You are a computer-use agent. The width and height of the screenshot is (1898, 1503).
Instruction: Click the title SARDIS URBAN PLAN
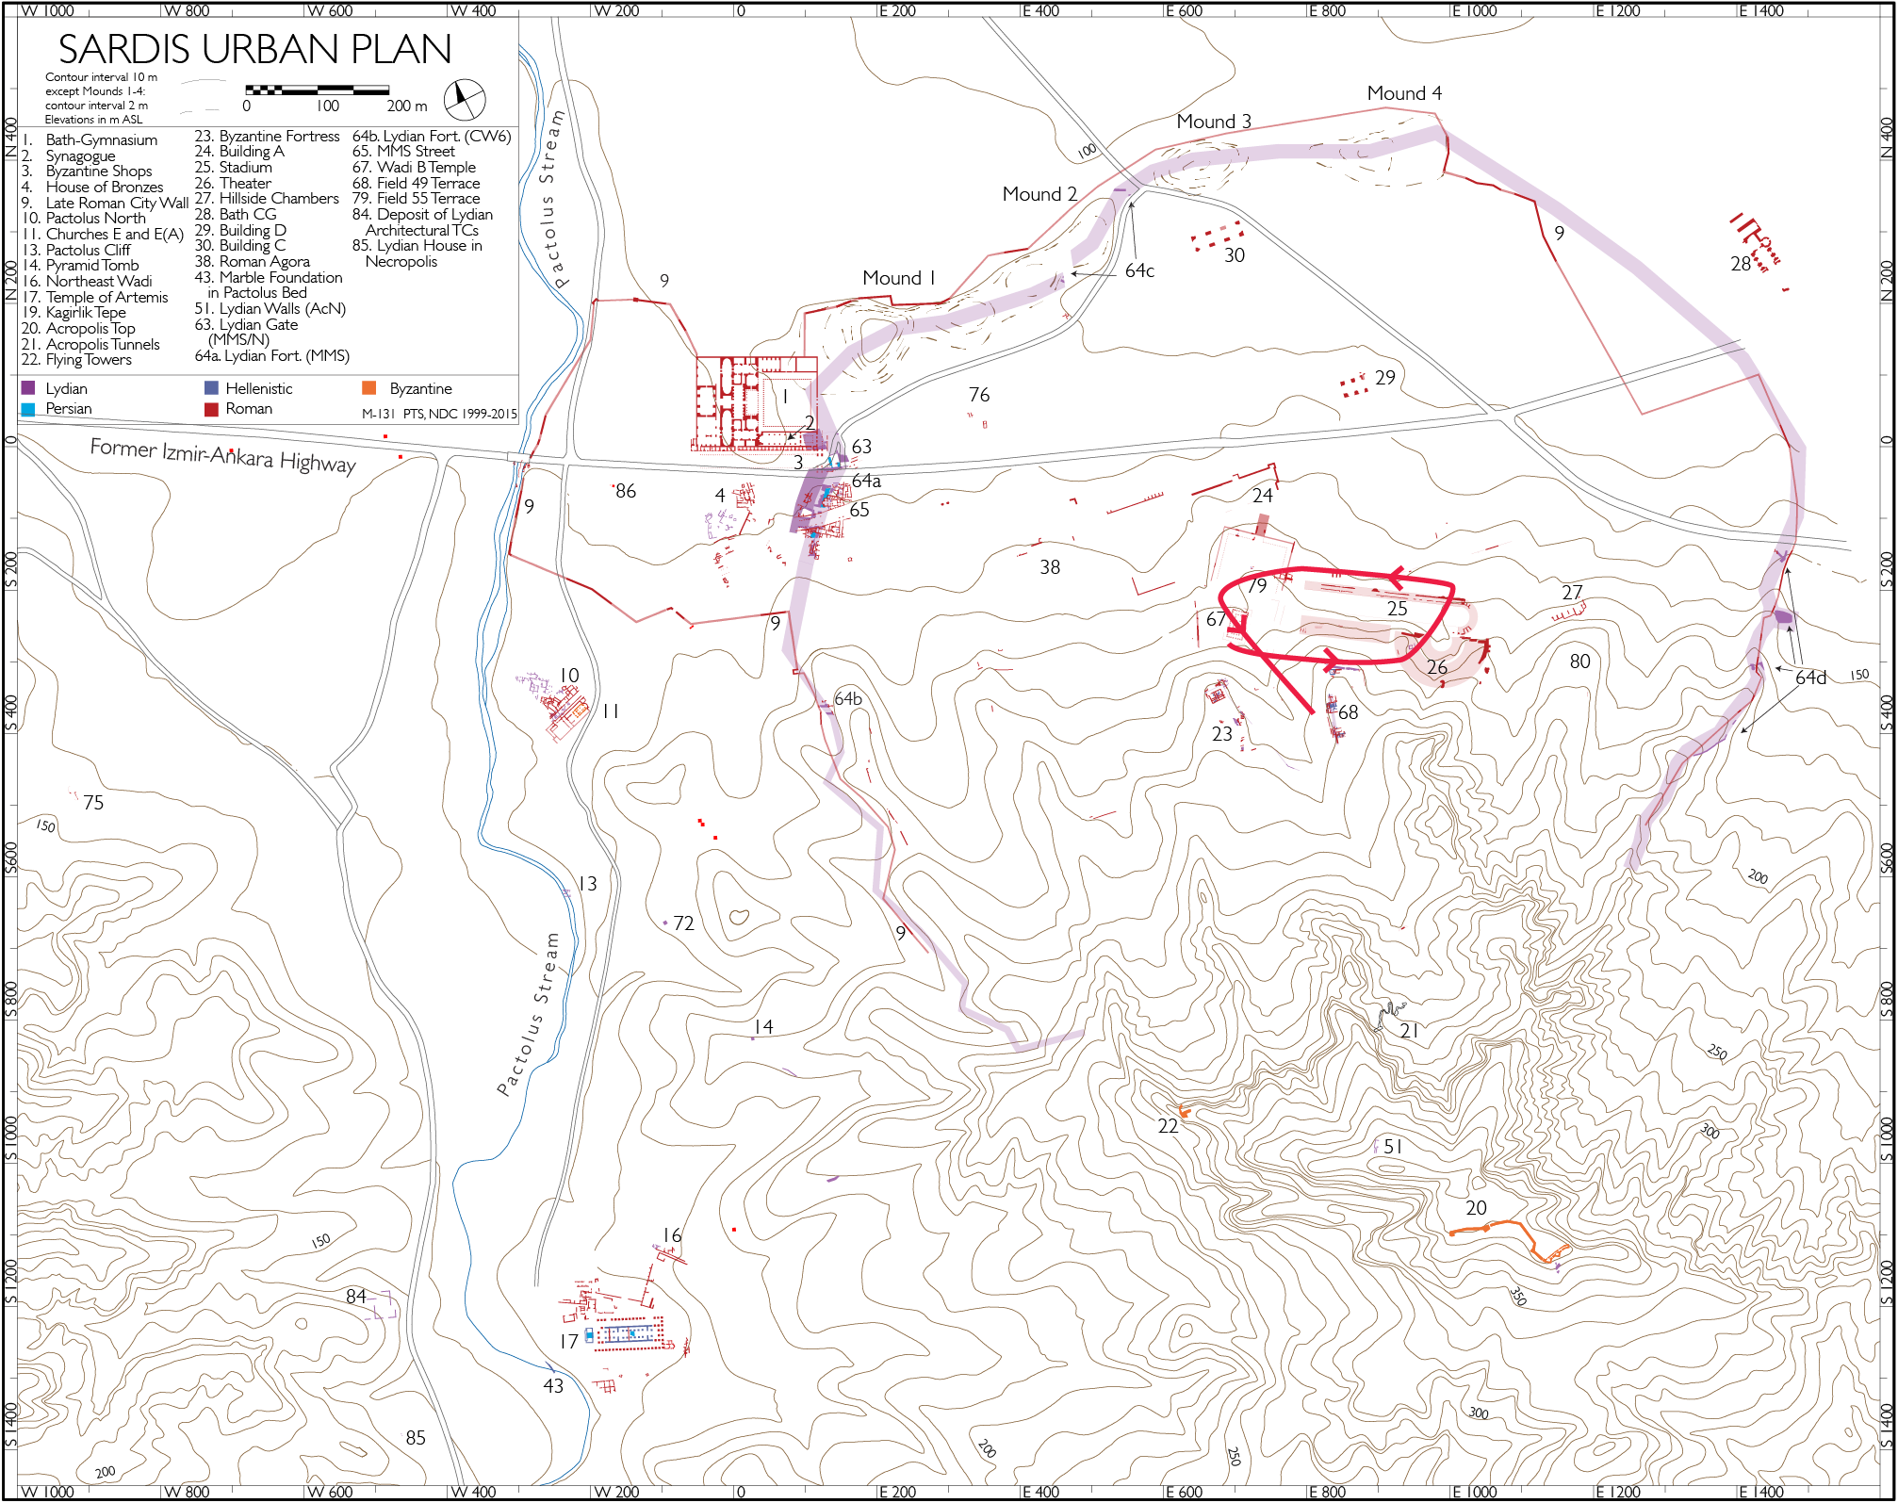click(254, 49)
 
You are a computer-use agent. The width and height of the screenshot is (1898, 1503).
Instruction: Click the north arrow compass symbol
click(464, 99)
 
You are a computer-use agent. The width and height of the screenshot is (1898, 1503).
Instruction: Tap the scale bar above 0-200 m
click(317, 90)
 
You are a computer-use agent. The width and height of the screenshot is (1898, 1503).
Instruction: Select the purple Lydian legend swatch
click(28, 388)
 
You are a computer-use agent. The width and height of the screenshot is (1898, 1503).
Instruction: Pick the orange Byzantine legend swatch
click(369, 388)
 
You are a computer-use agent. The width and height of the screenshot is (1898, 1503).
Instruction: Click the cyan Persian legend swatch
click(28, 409)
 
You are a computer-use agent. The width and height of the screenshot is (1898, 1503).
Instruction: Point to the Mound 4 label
click(1403, 93)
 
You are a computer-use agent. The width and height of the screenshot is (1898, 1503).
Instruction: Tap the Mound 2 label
click(1039, 194)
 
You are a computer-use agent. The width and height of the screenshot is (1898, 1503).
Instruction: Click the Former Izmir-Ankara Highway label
click(222, 455)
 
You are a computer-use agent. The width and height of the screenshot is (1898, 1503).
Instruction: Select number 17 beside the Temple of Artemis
click(568, 1341)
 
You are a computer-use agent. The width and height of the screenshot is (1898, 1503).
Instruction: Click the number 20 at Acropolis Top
click(1475, 1208)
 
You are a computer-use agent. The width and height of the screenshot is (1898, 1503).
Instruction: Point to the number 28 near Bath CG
click(1740, 264)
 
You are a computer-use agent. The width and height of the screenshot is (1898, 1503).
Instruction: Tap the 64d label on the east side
click(1809, 678)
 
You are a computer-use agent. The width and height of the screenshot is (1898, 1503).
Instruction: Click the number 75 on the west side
click(93, 803)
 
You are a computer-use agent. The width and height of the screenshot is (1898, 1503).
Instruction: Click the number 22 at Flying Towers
click(1168, 1126)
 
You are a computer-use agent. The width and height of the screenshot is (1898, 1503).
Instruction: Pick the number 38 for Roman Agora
click(1049, 567)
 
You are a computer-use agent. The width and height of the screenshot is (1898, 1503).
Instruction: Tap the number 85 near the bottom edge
click(416, 1438)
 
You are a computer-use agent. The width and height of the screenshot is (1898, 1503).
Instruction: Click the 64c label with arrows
click(1138, 271)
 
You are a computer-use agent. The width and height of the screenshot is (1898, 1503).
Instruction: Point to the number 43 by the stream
click(553, 1386)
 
